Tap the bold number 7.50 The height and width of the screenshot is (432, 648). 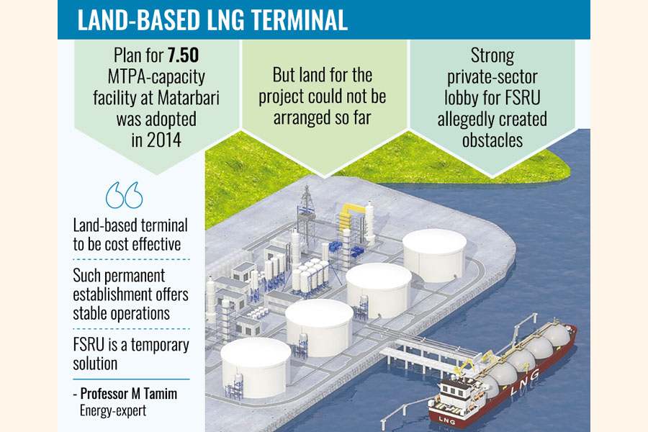pos(183,55)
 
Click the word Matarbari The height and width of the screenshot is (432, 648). pos(188,98)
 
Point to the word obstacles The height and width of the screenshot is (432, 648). pos(492,140)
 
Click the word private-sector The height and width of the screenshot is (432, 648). pos(492,77)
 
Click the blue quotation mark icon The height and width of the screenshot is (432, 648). pos(124,195)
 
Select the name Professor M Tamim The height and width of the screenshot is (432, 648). pos(129,394)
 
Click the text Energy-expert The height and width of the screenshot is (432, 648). pos(113,410)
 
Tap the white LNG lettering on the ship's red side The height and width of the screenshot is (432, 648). pos(524,382)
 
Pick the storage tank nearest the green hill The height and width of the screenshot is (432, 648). pos(435,255)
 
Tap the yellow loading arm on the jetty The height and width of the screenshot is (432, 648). pos(466,366)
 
